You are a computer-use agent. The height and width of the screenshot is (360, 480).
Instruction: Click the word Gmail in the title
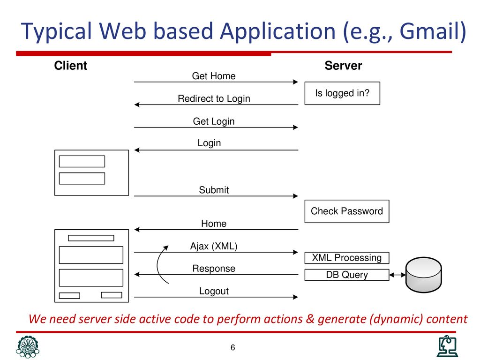pos(430,32)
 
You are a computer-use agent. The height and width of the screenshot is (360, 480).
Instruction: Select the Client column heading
pos(70,66)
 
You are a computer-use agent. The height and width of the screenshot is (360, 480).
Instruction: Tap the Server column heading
pos(343,66)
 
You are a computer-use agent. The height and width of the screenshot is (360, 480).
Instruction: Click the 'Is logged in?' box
pos(342,93)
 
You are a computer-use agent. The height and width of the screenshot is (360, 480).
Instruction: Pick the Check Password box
pos(347,211)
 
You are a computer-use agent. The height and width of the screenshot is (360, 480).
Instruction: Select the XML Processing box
pos(347,258)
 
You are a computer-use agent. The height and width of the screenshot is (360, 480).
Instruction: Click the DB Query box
pos(347,275)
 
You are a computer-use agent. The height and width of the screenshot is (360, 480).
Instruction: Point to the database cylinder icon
pos(423,275)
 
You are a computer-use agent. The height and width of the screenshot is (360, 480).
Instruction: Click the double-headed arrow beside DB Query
pos(397,275)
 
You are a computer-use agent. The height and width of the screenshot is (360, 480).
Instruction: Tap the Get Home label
pos(214,76)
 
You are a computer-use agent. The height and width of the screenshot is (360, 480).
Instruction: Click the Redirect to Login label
pos(214,98)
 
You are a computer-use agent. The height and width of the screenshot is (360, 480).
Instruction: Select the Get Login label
pos(214,121)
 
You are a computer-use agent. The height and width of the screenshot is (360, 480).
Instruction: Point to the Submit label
pos(214,190)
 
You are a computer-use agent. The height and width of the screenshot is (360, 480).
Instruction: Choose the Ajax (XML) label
pos(214,246)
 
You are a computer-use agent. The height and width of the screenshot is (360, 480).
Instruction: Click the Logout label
pos(214,291)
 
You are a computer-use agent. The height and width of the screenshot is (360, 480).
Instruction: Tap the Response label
pos(214,269)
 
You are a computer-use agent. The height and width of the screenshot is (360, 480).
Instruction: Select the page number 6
pos(232,348)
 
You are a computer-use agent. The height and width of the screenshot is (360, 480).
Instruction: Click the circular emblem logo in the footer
pos(28,347)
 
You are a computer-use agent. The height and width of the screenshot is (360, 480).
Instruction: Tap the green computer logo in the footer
pos(447,346)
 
